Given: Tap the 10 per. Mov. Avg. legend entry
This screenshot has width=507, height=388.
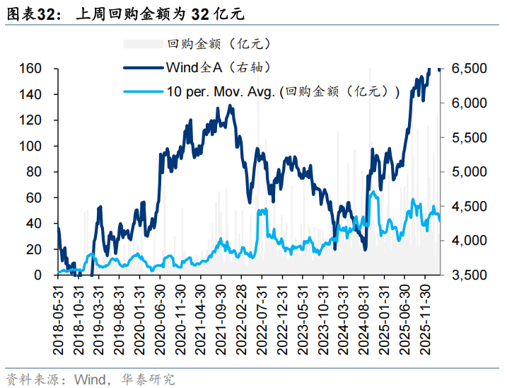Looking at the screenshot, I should (284, 91).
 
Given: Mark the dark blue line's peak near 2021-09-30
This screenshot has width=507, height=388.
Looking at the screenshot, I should (231, 106).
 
